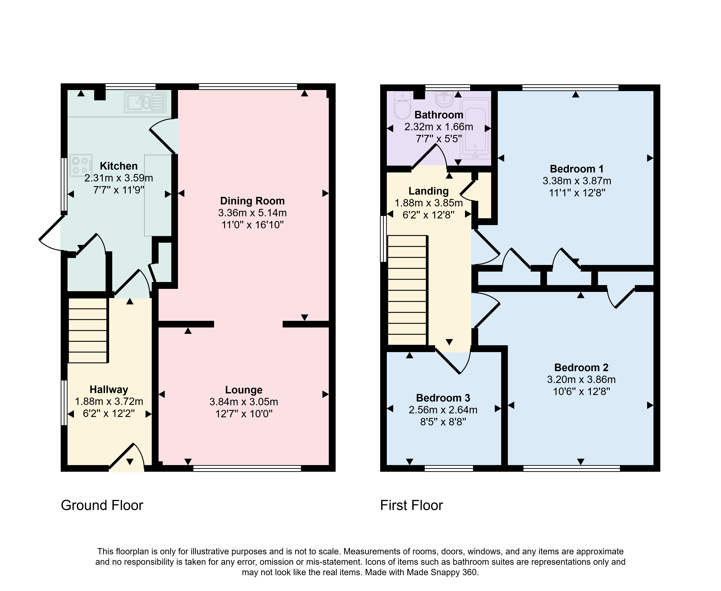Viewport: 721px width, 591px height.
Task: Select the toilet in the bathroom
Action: coord(403,105)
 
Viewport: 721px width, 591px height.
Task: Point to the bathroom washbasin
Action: coord(445,99)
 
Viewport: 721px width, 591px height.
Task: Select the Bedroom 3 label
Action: coord(443,398)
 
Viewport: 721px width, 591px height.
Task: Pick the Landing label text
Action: coord(428,191)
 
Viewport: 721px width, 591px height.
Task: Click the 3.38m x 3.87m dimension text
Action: coord(577,181)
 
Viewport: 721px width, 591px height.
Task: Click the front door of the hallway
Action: coord(127,458)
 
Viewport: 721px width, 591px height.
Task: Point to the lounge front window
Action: coord(247,468)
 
